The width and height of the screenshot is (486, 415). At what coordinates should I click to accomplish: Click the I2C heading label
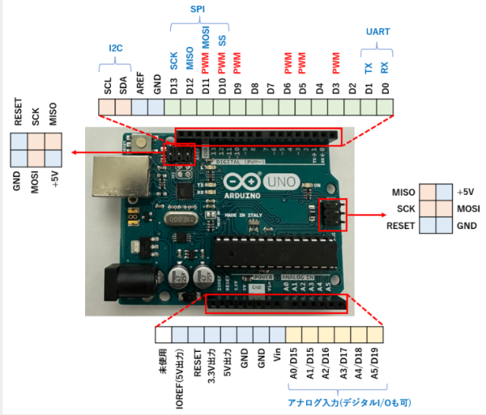coord(115,48)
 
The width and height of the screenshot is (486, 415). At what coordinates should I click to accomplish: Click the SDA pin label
coord(124,83)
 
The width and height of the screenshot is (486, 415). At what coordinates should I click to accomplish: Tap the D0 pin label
coord(386,83)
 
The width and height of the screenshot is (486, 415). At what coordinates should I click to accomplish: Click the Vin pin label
coord(276,357)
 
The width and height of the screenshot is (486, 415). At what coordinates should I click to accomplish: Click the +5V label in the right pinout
coord(465,191)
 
